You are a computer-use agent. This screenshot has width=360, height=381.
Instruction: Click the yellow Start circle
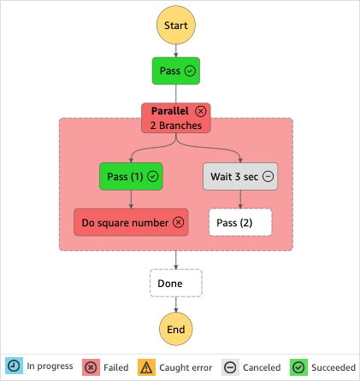(175, 26)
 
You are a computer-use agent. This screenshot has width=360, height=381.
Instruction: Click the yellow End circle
(175, 328)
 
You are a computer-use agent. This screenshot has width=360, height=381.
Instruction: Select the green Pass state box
(175, 71)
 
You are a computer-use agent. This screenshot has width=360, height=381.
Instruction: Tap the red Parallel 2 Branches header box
(175, 118)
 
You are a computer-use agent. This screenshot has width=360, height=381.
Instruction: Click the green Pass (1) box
(131, 176)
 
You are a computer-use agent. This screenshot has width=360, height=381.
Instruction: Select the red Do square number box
(131, 222)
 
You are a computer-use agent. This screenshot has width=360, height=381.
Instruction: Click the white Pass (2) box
(240, 222)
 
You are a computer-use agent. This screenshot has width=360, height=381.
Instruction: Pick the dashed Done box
(175, 283)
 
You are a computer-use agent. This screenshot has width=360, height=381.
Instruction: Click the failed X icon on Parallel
(200, 111)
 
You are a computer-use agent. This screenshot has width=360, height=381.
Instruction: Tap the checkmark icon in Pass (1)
(153, 176)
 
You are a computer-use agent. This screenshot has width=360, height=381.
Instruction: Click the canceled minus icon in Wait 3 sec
(268, 176)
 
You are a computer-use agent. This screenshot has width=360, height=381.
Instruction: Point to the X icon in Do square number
(178, 222)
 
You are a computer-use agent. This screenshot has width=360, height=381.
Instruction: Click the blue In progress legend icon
(13, 366)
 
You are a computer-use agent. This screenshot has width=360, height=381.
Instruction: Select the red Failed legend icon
(91, 366)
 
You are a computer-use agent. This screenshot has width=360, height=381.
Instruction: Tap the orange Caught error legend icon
(146, 366)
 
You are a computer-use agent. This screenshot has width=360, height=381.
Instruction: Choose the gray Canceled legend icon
(231, 366)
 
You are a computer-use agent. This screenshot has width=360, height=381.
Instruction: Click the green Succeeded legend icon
(298, 366)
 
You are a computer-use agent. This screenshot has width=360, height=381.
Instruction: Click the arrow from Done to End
(175, 303)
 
